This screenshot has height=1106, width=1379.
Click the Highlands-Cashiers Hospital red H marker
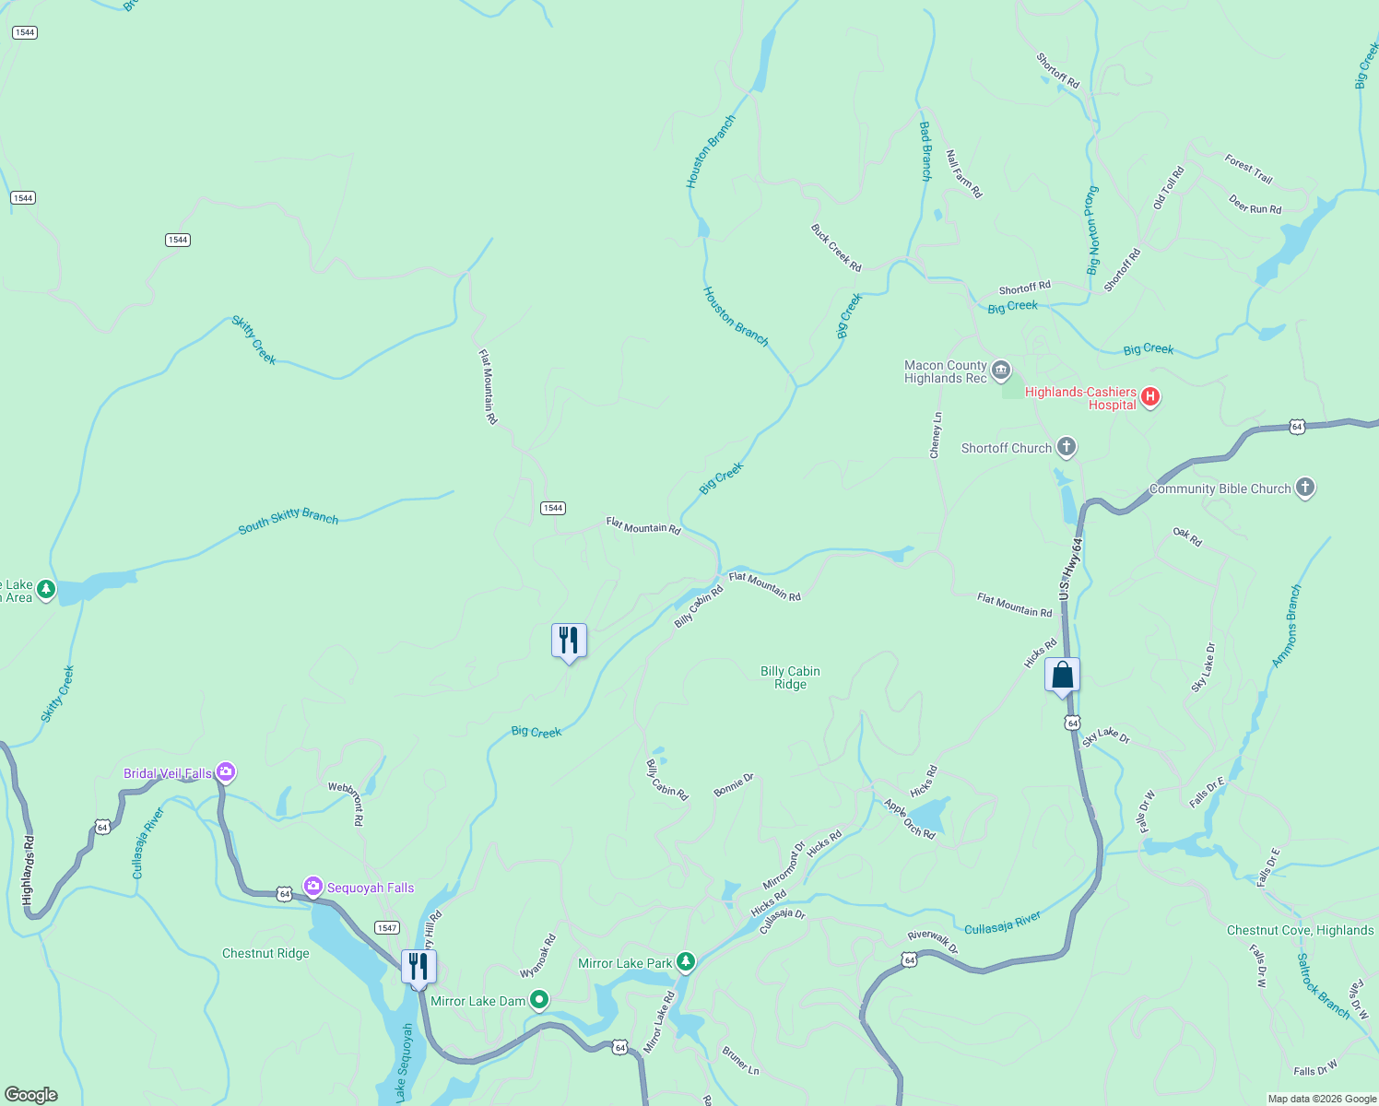click(1149, 397)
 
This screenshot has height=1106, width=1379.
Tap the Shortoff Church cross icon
click(1067, 447)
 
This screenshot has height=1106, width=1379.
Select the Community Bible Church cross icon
click(1304, 488)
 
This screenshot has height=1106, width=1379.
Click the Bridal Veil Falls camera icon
click(226, 772)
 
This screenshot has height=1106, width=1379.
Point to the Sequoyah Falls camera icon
click(313, 887)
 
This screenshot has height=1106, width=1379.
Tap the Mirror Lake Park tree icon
click(685, 962)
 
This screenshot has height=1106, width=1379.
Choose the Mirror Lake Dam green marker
click(539, 1000)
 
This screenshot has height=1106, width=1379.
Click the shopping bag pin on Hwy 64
click(1062, 676)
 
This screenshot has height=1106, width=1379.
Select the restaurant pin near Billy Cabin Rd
click(569, 641)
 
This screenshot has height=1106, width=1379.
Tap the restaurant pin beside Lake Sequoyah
click(418, 967)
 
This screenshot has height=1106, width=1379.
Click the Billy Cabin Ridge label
click(790, 677)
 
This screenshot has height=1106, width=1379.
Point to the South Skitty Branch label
click(289, 520)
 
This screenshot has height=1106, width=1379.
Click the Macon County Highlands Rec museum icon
click(1001, 371)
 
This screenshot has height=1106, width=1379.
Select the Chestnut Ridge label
click(265, 953)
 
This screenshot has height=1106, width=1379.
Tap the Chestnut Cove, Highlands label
click(1300, 930)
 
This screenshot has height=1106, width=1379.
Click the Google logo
click(31, 1095)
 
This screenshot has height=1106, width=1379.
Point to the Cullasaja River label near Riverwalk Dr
click(1002, 923)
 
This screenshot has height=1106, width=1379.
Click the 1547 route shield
click(386, 927)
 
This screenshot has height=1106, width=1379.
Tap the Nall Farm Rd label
click(964, 174)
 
